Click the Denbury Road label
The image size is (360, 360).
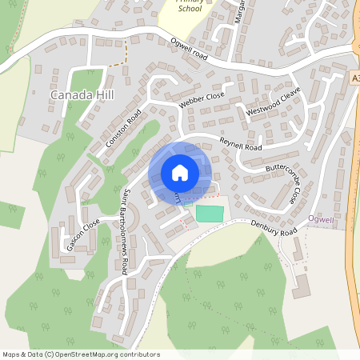tap(273, 228)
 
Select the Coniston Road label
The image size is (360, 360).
tap(122, 129)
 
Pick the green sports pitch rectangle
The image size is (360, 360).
tap(210, 214)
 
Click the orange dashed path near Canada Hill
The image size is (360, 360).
tap(126, 52)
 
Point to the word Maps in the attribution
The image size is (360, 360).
tap(12, 354)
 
